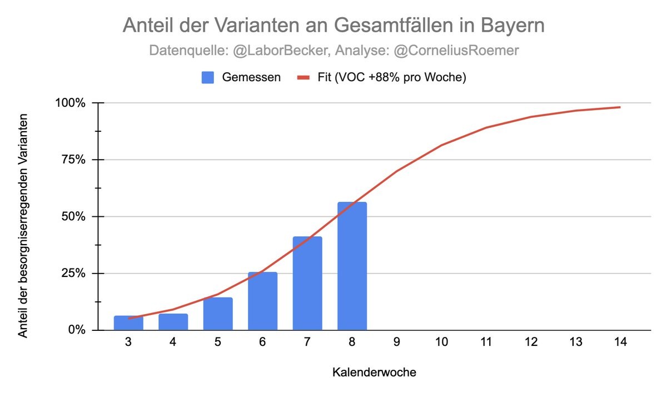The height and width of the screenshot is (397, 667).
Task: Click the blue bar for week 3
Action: tap(128, 323)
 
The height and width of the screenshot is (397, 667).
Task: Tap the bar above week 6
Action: tap(262, 301)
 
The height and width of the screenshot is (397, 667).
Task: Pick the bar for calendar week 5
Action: tap(218, 314)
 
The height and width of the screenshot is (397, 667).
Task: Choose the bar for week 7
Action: tap(307, 283)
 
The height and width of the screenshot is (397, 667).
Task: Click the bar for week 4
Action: tap(173, 322)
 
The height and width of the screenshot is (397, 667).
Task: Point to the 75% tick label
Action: tap(73, 160)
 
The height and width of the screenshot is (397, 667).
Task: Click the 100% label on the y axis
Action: tap(71, 103)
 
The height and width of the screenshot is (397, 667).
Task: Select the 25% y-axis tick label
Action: tap(73, 274)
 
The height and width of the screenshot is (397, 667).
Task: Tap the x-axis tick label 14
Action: tap(620, 343)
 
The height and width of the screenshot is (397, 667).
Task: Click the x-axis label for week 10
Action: tap(441, 343)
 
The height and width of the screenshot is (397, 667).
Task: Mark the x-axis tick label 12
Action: tap(531, 343)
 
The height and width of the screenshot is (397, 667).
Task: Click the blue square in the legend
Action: tap(208, 77)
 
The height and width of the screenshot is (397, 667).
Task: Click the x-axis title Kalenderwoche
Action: tap(374, 372)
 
